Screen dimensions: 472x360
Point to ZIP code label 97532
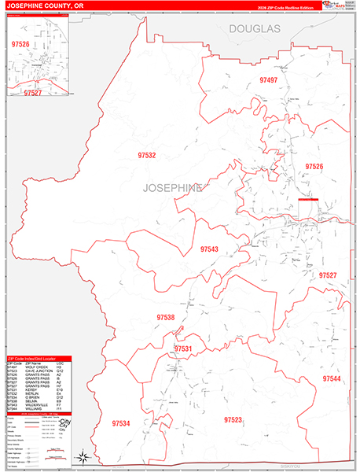(x=146, y=156)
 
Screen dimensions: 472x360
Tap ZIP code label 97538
(x=164, y=318)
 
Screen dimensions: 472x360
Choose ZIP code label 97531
(x=182, y=348)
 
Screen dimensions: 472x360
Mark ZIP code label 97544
(x=331, y=379)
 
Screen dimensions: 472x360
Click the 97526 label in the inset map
(x=20, y=44)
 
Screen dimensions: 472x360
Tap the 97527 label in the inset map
(x=31, y=93)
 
